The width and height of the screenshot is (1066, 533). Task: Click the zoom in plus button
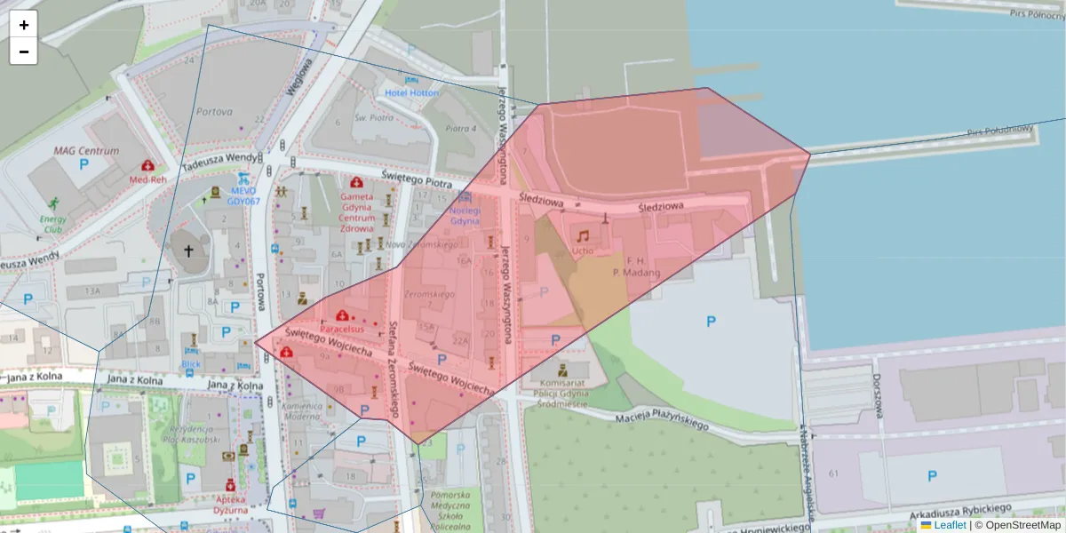coord(24,25)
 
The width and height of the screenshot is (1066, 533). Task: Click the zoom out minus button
coord(24,52)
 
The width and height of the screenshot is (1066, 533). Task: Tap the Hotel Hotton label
coord(411,92)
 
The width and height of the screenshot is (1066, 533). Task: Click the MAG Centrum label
coord(86,151)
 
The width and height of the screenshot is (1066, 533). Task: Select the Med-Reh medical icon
coord(147,166)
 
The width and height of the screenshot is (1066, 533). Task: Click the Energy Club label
coord(51,224)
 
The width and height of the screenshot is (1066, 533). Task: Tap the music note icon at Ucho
coord(583,236)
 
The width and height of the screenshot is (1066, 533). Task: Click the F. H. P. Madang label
coord(637,266)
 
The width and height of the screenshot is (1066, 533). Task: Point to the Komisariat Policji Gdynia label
coord(562,391)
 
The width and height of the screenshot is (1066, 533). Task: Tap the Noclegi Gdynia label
coord(465,215)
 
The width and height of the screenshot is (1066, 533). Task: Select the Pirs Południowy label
coord(1000,131)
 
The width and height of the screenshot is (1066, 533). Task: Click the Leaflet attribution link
coord(950,525)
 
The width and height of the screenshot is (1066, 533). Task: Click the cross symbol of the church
coord(188,251)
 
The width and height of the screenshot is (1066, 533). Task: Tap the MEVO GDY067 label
coord(243,195)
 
